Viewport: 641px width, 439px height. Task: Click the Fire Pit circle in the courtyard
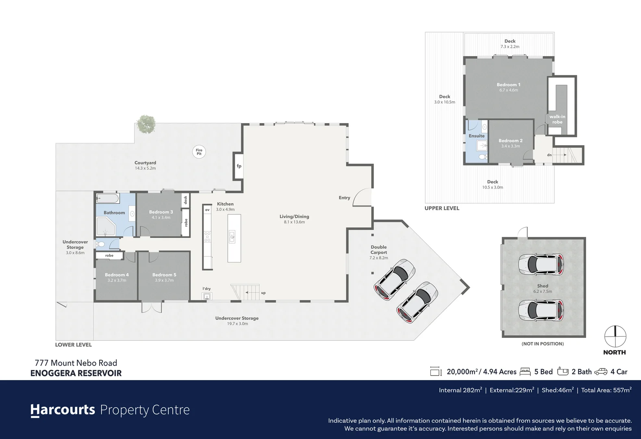coord(199,152)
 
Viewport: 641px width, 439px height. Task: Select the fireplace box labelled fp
coord(239,166)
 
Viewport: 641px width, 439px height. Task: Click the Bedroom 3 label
coord(161,212)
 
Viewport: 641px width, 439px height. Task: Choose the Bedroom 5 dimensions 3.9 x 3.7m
coord(164,280)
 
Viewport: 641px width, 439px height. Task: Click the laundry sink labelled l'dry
coord(207,296)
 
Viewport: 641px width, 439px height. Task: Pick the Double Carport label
coord(378,250)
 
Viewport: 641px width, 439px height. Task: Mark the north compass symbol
coord(615,337)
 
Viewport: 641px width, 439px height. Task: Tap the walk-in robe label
coord(557,119)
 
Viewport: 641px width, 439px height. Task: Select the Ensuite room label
coord(476,136)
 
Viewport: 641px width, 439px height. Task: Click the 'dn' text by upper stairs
coord(549,155)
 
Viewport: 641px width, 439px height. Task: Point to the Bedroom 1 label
coord(508,85)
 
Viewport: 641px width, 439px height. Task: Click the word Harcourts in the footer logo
coord(63,410)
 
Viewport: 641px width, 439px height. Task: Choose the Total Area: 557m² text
coord(606,390)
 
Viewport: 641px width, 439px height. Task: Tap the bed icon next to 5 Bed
coord(526,372)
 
